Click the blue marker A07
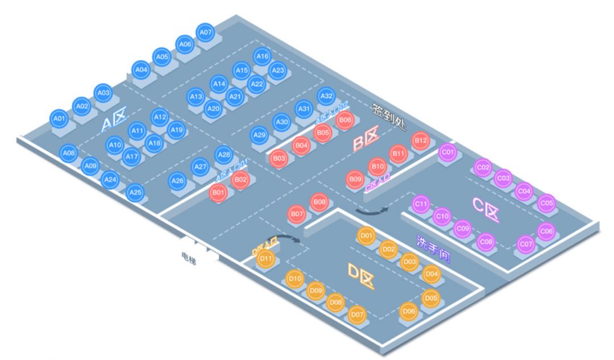point(205,32)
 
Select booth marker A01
point(59,118)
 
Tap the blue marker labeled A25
point(135,193)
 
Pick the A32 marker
point(326,96)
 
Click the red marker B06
point(345,120)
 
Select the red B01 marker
point(218,192)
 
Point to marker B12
point(420,140)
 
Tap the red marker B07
point(296,214)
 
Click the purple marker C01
point(448,152)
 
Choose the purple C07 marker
point(526,244)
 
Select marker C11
point(421,203)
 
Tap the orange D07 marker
point(356,314)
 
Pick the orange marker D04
point(432,274)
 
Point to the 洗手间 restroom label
point(433,249)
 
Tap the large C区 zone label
point(486,210)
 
